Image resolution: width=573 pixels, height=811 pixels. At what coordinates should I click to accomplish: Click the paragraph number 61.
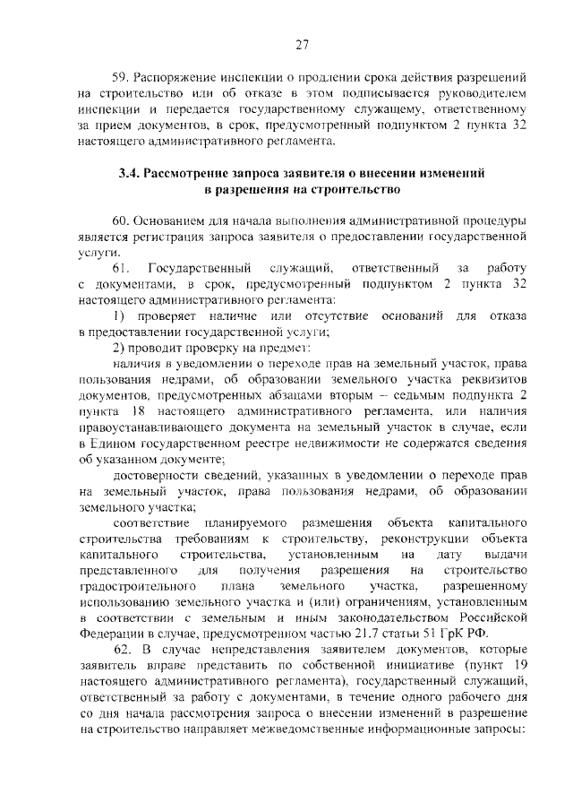(x=122, y=269)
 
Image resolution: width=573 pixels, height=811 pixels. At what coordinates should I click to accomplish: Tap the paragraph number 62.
(x=121, y=648)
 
